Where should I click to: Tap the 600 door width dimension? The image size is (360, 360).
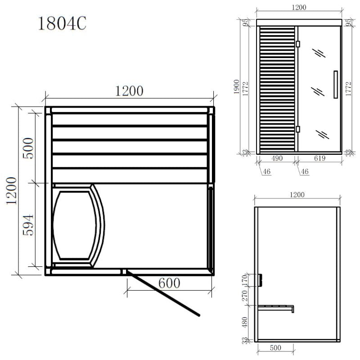pos(169,283)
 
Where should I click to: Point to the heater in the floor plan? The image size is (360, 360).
pos(76,225)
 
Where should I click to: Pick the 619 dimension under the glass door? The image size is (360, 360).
pos(319,159)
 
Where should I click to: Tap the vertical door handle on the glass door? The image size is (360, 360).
pos(335,84)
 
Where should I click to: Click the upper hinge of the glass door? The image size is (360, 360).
pos(297,44)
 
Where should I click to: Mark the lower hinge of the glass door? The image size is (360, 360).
pos(297,129)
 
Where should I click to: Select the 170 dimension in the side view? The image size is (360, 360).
pos(245,279)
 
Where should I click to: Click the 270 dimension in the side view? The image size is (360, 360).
pos(245,296)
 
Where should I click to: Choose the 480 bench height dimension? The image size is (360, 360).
pos(245,322)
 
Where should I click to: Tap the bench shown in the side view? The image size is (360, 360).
pos(275,308)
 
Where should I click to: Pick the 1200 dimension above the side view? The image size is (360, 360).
pos(297,195)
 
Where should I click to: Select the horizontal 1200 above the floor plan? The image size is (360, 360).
pos(130,91)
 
